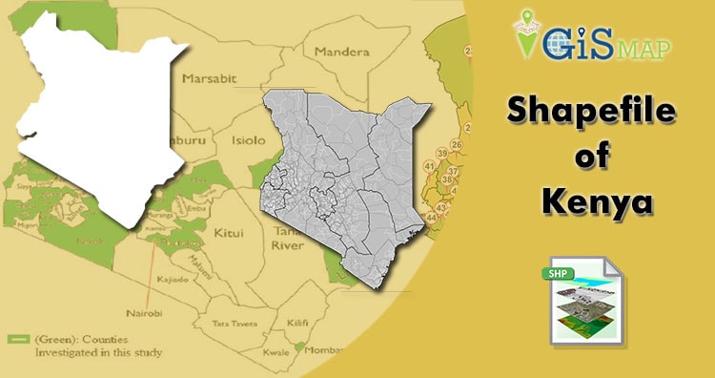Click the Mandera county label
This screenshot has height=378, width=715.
coord(341,51)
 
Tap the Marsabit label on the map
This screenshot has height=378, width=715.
coord(210,78)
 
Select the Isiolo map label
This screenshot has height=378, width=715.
coord(250,139)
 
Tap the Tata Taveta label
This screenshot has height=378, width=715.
coord(235,323)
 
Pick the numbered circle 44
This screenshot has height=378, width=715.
coord(431,219)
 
